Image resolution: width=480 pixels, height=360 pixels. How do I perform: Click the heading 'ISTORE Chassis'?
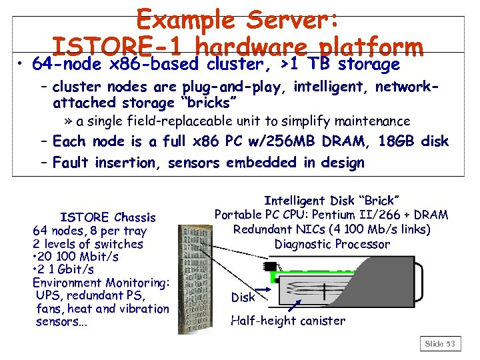tap(107, 217)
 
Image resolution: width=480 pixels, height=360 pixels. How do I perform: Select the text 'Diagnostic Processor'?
tap(331, 244)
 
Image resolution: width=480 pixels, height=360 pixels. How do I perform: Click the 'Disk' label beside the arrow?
tap(243, 297)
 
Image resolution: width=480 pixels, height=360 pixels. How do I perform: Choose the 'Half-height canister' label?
tap(288, 321)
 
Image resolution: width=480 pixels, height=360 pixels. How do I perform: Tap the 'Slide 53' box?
tap(440, 343)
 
